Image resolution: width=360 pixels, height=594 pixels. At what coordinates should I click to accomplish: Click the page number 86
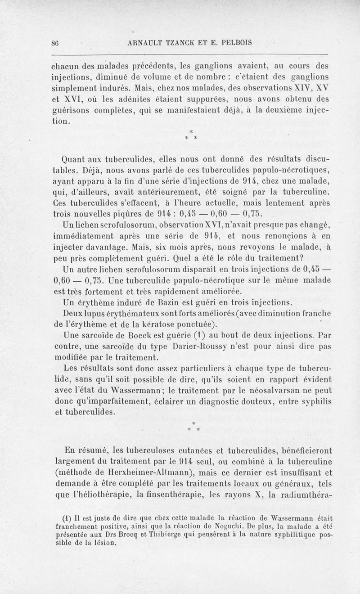(x=56, y=43)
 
